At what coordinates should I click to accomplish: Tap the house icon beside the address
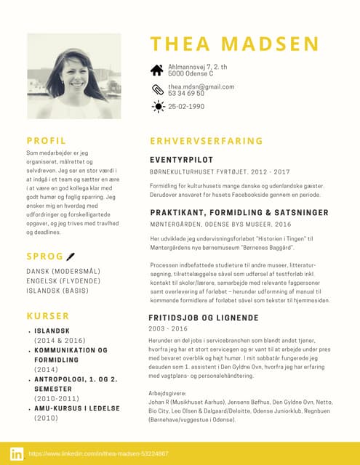(x=156, y=70)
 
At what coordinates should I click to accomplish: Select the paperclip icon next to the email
(x=156, y=90)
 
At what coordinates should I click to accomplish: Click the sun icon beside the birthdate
(x=156, y=107)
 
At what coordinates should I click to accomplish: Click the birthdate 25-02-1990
(x=187, y=107)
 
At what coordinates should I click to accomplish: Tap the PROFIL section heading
(x=46, y=140)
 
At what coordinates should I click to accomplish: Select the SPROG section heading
(x=44, y=256)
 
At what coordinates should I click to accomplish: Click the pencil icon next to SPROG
(x=71, y=256)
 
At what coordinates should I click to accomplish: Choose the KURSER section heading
(x=47, y=316)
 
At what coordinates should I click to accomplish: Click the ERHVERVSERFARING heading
(x=206, y=141)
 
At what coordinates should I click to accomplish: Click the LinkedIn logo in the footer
(x=16, y=453)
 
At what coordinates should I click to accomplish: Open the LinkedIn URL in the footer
(x=98, y=453)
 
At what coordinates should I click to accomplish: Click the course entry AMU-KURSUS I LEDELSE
(x=76, y=408)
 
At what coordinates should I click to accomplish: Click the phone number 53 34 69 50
(x=186, y=94)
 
